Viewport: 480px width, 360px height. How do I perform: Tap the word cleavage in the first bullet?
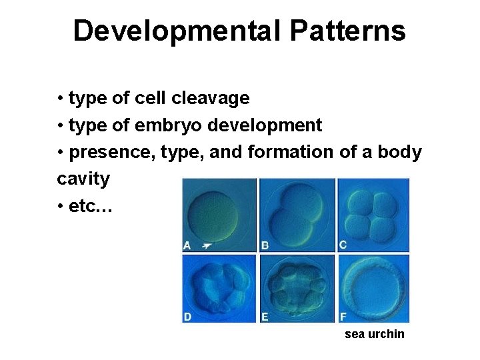(x=211, y=99)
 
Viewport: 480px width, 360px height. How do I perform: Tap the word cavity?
(x=83, y=179)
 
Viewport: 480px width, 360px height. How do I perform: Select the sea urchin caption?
(x=374, y=334)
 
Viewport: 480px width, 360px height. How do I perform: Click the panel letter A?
(x=188, y=246)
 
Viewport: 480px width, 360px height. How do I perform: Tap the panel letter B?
(x=265, y=246)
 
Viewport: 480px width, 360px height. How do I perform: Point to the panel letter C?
(x=343, y=245)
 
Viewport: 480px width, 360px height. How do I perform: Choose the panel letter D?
(x=188, y=317)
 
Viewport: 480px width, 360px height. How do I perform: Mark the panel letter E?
(x=265, y=317)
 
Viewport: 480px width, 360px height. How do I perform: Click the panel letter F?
(x=343, y=317)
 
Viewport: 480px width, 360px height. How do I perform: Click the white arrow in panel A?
(x=207, y=246)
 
